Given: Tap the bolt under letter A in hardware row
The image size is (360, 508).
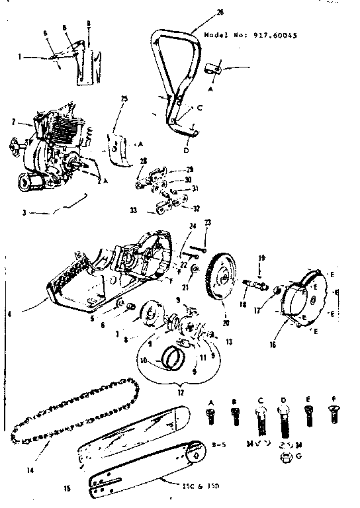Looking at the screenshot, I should tap(212, 415).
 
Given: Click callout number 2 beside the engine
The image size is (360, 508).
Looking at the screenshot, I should tap(13, 122).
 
